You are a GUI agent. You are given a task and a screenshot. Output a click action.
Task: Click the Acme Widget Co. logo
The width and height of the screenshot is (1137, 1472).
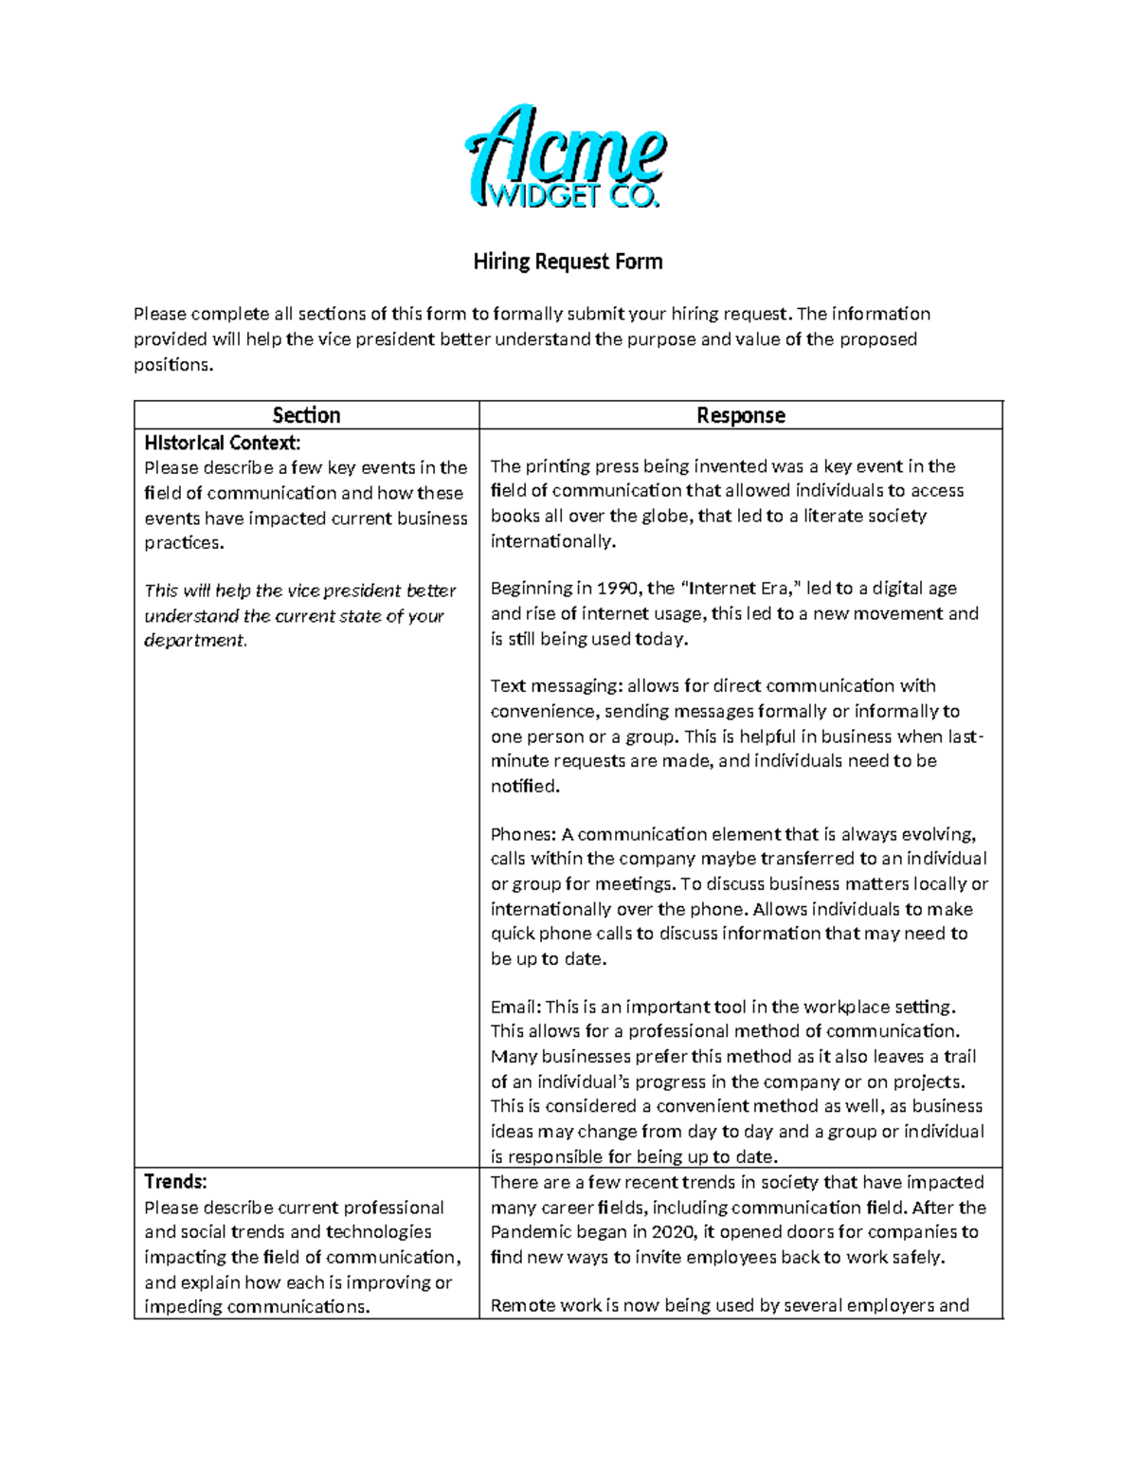point(567,158)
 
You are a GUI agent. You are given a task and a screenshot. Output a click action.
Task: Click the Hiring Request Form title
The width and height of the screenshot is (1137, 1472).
point(568,262)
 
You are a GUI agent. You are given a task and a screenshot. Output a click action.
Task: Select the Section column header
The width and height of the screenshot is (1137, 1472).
point(306,415)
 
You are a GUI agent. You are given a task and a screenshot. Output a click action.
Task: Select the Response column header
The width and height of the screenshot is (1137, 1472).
point(740,415)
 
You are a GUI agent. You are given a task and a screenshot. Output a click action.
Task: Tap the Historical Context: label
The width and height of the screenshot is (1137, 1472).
point(222,443)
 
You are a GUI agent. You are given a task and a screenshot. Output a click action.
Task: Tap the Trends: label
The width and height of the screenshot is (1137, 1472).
point(175,1181)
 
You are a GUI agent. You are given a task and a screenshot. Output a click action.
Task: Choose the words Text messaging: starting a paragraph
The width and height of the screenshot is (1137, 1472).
point(555,685)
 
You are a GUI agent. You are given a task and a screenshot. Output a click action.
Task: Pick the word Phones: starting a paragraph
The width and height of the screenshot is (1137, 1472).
point(523,834)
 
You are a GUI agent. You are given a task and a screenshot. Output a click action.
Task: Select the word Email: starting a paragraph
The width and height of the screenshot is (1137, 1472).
point(515,1007)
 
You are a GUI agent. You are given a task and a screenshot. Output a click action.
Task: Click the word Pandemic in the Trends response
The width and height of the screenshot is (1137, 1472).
point(531,1231)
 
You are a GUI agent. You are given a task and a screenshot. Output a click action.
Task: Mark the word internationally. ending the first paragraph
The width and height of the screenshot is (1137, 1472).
point(552,541)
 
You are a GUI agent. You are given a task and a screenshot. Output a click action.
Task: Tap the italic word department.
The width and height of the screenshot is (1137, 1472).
point(195,641)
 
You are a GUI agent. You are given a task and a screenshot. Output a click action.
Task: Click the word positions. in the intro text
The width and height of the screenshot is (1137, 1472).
point(173,365)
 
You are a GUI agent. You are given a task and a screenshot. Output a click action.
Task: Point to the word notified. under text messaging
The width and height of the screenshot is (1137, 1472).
point(525,786)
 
